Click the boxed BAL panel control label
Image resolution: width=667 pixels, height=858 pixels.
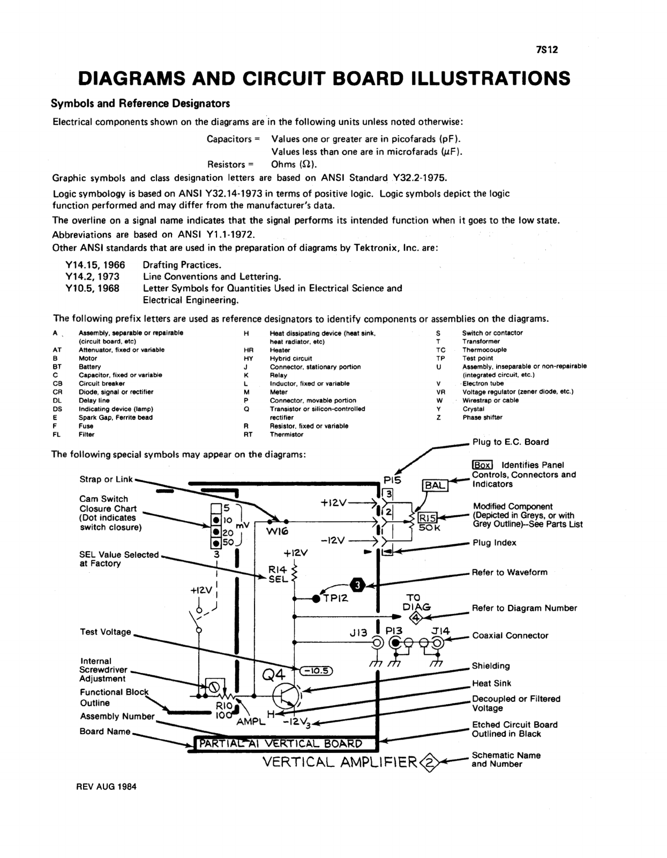pos(435,486)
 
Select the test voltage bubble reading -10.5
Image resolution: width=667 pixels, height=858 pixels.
pos(317,671)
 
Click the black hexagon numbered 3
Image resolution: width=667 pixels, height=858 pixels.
pos(358,585)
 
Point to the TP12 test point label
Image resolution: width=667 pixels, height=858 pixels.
pos(336,598)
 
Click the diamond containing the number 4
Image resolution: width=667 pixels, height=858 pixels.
pos(416,617)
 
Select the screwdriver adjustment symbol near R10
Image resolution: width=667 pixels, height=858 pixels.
pos(214,686)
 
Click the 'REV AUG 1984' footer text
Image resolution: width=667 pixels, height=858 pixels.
pos(107,787)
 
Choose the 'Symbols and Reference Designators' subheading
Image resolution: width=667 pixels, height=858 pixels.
pos(140,103)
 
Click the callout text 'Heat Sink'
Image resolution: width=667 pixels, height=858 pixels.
pos(491,683)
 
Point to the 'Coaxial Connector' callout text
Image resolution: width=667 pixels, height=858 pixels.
pos(510,635)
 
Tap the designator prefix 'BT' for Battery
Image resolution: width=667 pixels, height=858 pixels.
pos(57,367)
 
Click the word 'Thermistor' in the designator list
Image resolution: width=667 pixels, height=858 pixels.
pos(286,434)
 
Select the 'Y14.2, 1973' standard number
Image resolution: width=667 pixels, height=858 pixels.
pos(92,277)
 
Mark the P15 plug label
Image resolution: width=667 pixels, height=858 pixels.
pos(392,480)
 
